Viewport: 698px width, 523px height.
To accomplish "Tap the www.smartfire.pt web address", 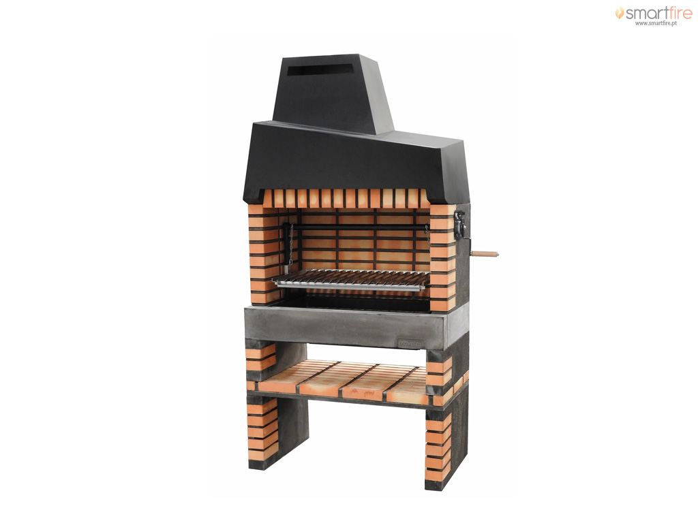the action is click(656, 23).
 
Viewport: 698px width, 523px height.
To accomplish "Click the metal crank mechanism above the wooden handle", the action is click(460, 225).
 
